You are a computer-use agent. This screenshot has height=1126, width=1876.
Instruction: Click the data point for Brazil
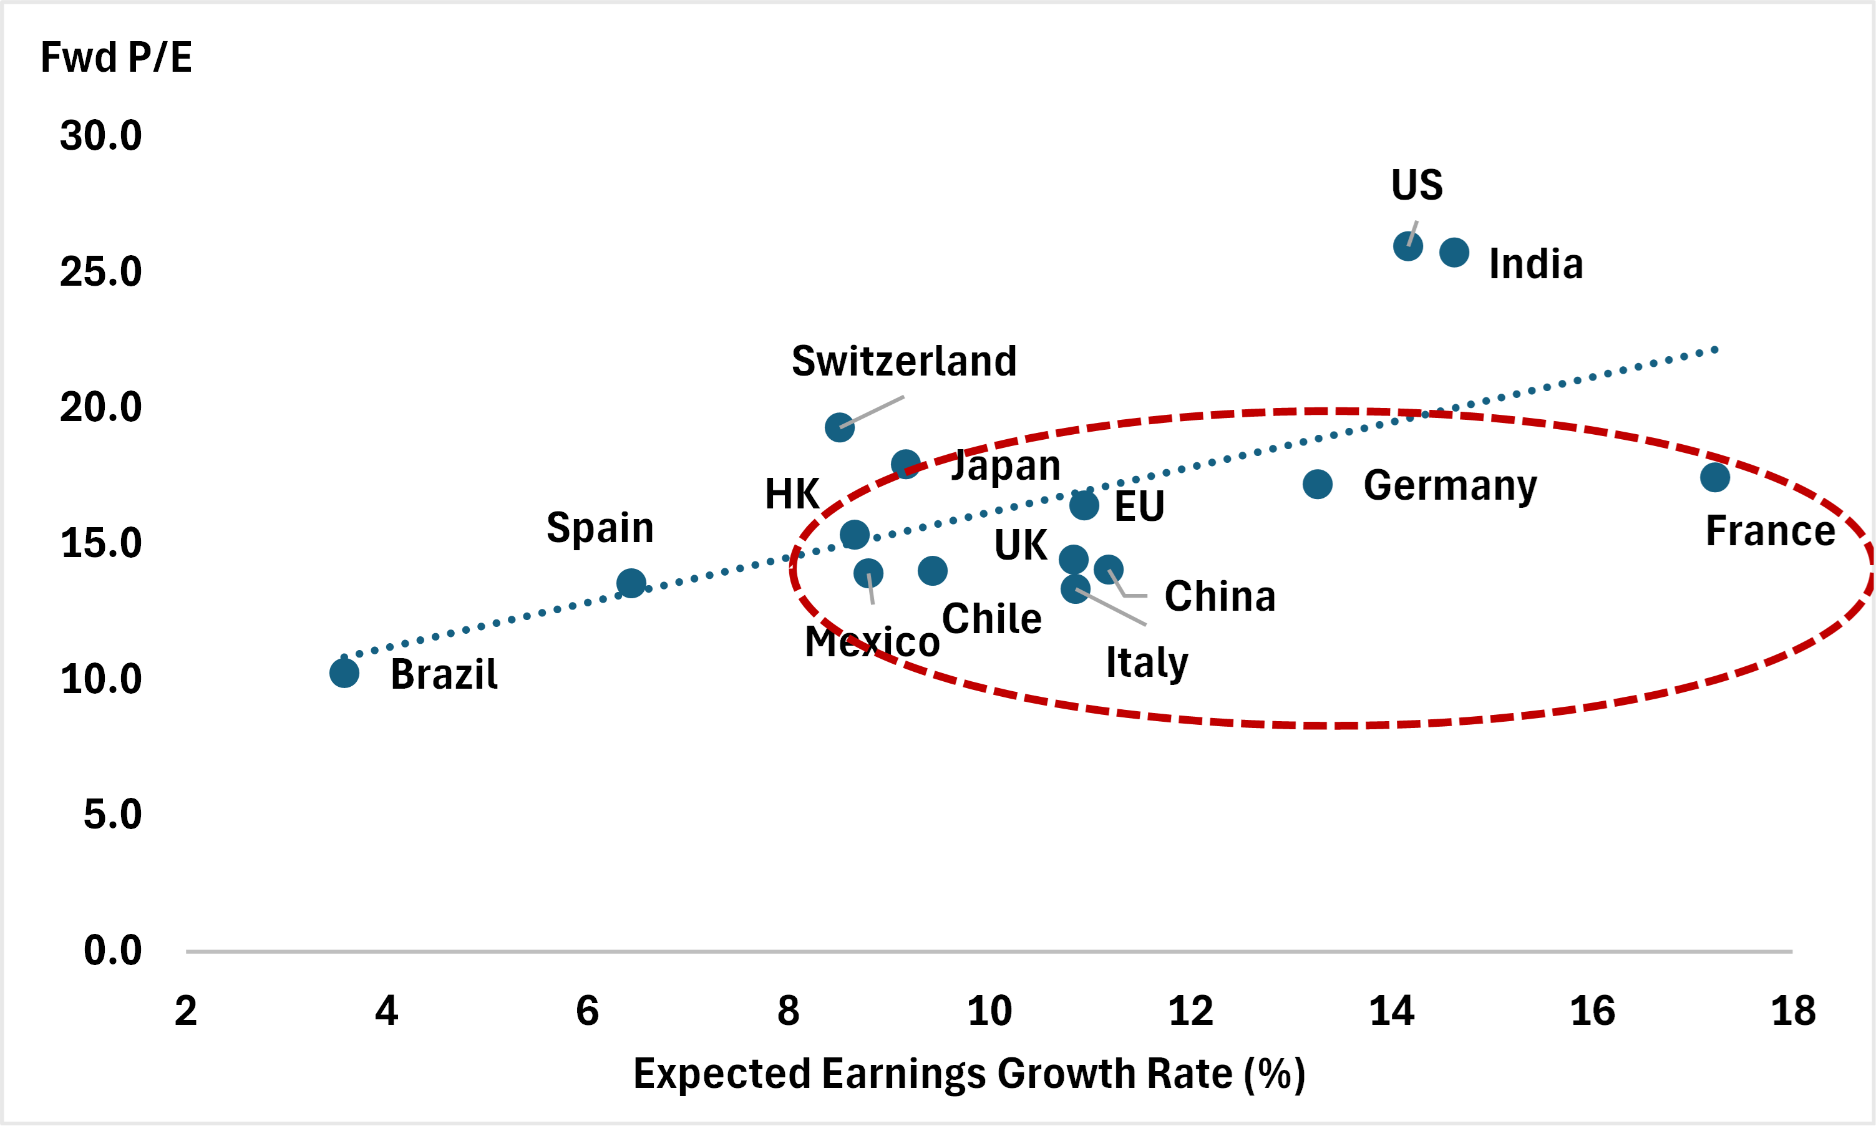pos(344,673)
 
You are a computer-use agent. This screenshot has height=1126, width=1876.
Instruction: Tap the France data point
pos(1715,477)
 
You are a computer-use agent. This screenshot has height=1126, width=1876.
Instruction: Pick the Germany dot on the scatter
pos(1318,484)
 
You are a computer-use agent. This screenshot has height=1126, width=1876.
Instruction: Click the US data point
pos(1408,246)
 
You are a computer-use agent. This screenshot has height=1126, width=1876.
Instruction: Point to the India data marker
pos(1454,252)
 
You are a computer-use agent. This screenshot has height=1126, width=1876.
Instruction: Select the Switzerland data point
pos(840,427)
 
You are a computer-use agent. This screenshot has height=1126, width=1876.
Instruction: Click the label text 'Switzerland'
pos(904,361)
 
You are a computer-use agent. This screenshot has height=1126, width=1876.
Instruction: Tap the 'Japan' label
pos(1006,465)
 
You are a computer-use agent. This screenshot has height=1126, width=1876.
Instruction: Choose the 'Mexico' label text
pos(872,642)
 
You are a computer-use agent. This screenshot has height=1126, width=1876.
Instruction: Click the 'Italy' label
pos(1147,662)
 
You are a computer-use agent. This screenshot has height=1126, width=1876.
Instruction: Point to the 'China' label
pos(1220,596)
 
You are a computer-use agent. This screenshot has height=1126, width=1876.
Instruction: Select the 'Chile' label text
pos(991,619)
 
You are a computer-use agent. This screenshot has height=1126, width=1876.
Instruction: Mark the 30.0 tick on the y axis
pos(101,136)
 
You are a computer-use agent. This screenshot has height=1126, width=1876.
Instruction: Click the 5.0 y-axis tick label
pos(112,814)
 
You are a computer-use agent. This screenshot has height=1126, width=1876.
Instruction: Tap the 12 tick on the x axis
pos(1190,1011)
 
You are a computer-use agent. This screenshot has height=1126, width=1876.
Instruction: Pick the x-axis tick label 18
pos(1793,1011)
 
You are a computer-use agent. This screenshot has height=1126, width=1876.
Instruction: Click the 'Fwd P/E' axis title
pos(116,57)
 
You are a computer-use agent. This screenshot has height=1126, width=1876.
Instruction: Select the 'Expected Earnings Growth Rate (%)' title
pos(970,1074)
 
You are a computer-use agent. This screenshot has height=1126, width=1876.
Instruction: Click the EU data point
pos(1084,505)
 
